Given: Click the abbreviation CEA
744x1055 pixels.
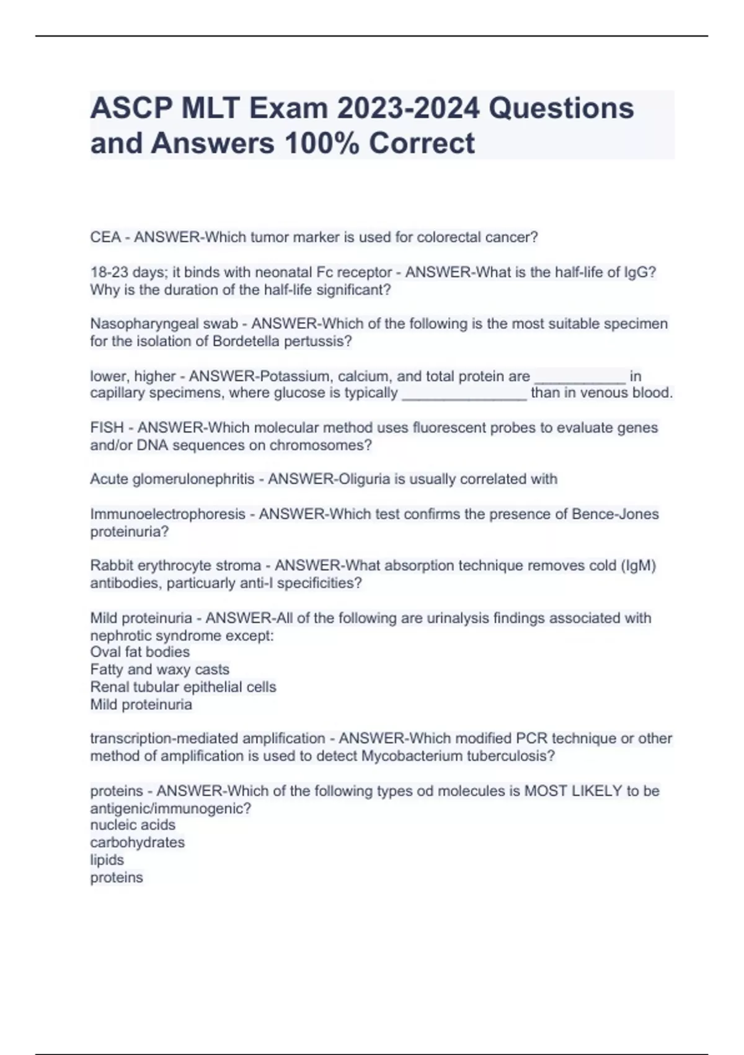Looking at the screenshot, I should coord(105,237).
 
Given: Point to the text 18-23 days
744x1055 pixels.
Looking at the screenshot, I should coord(117,272).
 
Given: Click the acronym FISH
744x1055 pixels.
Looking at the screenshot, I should coord(107,428).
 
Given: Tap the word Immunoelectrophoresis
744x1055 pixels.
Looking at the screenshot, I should coord(168,514).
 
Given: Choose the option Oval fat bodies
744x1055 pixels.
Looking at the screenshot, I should coord(140,652).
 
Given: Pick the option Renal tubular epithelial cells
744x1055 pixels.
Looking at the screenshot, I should coord(183,687).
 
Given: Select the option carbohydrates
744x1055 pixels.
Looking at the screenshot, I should coord(137,843).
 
